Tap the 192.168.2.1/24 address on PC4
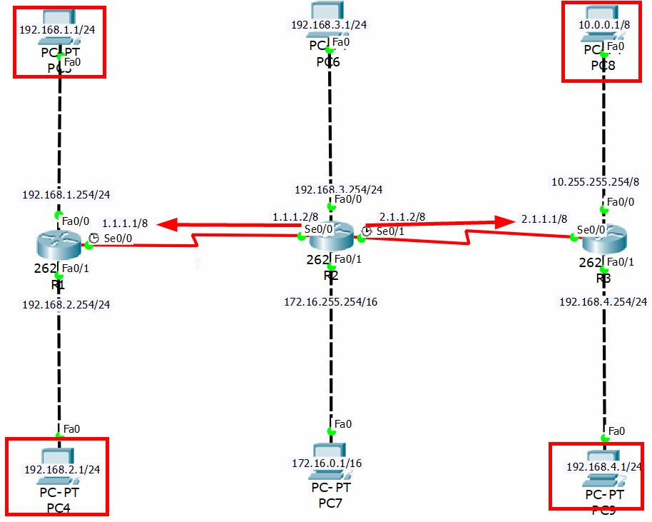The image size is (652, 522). [x=62, y=469]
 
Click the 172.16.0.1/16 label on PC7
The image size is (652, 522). [x=327, y=463]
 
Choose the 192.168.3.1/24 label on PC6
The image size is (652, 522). [x=329, y=25]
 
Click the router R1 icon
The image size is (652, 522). [x=58, y=246]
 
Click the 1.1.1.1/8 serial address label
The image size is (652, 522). [x=125, y=223]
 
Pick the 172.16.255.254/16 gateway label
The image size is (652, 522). [x=331, y=302]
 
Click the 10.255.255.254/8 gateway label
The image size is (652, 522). [x=596, y=181]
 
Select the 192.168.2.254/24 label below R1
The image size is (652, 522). [x=66, y=304]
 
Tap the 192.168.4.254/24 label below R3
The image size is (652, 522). [x=603, y=302]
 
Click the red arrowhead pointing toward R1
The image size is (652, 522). [x=168, y=225]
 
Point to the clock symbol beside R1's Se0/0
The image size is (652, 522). [x=93, y=239]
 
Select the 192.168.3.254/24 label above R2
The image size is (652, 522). [x=339, y=190]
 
